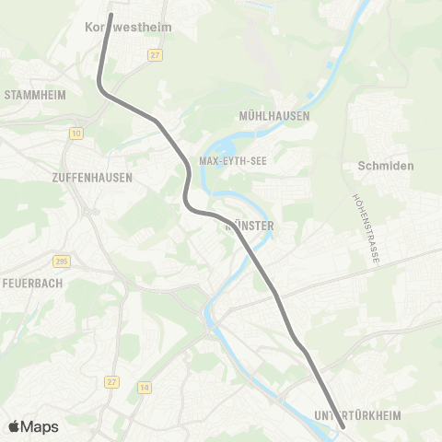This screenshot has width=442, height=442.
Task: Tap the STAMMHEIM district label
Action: click(33, 94)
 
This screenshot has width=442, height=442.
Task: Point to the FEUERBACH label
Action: click(32, 283)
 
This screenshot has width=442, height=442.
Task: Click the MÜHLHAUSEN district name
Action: click(273, 116)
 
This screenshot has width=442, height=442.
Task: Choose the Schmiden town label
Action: click(386, 166)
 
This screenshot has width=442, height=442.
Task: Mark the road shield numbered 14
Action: click(143, 388)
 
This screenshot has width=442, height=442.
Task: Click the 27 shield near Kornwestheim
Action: click(153, 55)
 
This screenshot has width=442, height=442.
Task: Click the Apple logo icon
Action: click(15, 426)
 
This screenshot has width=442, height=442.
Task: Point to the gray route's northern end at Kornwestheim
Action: click(110, 15)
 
